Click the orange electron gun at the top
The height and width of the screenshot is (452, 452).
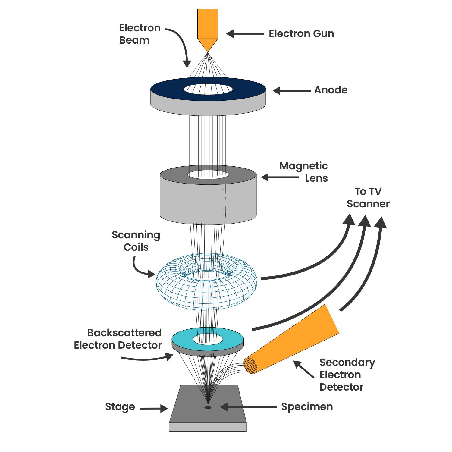click(x=208, y=29)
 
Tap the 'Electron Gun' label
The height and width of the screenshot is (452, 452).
click(x=301, y=33)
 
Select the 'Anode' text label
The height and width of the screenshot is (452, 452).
click(x=331, y=90)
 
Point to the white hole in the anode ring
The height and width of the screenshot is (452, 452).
click(x=208, y=89)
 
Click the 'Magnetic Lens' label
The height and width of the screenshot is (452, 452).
click(x=303, y=172)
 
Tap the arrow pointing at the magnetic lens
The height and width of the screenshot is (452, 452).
click(x=280, y=177)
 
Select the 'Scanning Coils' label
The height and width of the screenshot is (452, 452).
click(x=136, y=241)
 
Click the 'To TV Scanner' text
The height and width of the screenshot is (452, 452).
click(x=368, y=198)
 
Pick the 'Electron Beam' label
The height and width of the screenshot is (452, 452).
click(x=140, y=34)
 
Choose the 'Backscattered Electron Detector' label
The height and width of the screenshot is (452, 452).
click(x=118, y=339)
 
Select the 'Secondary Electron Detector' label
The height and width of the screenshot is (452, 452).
click(x=347, y=375)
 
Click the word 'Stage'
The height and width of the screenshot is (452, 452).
click(x=120, y=407)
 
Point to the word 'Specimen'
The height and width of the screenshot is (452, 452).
click(x=307, y=407)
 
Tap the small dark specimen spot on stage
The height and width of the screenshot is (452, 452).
click(x=208, y=408)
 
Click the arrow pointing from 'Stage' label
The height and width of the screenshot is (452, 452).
click(x=154, y=409)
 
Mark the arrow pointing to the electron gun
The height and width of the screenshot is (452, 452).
click(x=245, y=34)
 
